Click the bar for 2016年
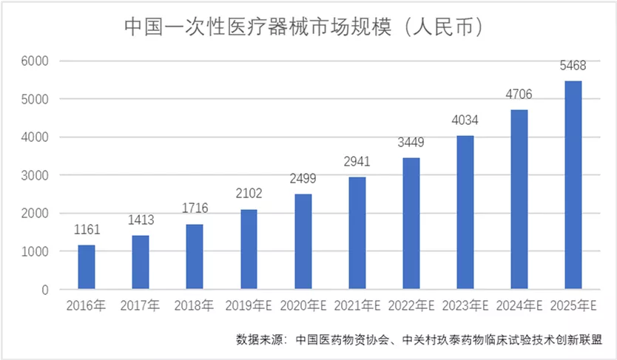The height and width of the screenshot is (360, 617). click(87, 267)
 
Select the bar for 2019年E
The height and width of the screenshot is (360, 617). click(249, 249)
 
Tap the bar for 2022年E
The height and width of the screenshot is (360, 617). click(411, 223)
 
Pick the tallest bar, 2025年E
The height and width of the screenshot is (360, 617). click(573, 185)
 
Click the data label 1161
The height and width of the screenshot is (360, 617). click(87, 229)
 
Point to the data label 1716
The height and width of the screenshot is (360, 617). click(195, 208)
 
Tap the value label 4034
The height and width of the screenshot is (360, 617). click(465, 120)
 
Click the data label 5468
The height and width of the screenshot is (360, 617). click(573, 66)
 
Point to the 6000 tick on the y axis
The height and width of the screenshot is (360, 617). click(36, 61)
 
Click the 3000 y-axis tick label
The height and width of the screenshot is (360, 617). click(36, 175)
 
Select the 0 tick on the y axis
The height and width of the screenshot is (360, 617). click(44, 290)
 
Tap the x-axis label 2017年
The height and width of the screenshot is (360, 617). click(141, 305)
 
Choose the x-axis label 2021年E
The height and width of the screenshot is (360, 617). click(357, 305)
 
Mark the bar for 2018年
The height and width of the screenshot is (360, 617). click(195, 257)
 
